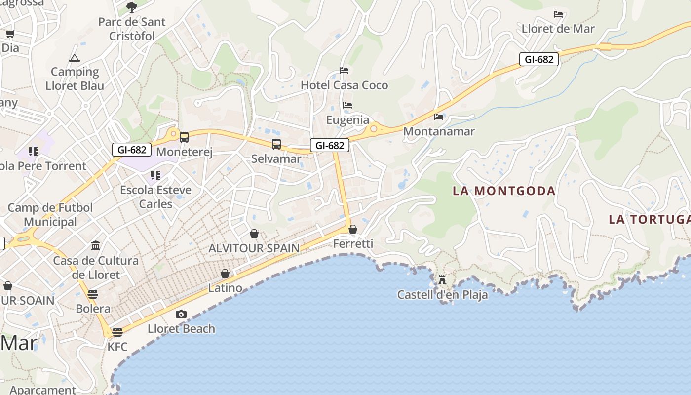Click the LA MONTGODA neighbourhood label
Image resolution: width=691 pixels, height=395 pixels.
coord(504,191)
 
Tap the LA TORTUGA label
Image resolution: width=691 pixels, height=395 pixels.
coord(649,219)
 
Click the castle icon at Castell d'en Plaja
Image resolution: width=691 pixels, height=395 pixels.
coord(442,280)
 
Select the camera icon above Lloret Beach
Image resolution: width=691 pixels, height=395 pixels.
coord(181,314)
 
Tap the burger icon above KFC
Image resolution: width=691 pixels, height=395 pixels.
coord(117,332)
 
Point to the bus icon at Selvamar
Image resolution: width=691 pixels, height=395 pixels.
coord(276,144)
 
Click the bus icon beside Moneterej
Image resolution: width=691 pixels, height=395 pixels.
coord(184,137)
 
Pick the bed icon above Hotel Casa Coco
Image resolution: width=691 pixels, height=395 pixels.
coord(344,71)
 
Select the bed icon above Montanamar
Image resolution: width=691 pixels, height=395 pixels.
coord(439,117)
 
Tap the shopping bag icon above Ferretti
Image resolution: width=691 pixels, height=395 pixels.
coord(352,229)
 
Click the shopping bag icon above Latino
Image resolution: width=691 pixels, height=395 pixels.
coord(225,273)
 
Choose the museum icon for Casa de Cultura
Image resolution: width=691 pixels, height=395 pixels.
coord(96,245)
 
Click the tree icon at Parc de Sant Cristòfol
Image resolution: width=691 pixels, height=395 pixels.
coord(131,7)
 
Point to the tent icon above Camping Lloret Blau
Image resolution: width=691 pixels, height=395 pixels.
coord(75,58)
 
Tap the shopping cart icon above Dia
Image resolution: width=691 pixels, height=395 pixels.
coord(10,34)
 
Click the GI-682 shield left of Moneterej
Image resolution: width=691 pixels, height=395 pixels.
coord(131,150)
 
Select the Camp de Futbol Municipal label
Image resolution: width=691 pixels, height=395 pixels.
coord(50,215)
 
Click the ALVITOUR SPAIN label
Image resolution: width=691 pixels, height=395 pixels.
coord(254,248)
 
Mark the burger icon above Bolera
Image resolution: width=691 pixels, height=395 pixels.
coord(93,294)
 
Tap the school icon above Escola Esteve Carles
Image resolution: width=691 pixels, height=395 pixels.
coord(155,175)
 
